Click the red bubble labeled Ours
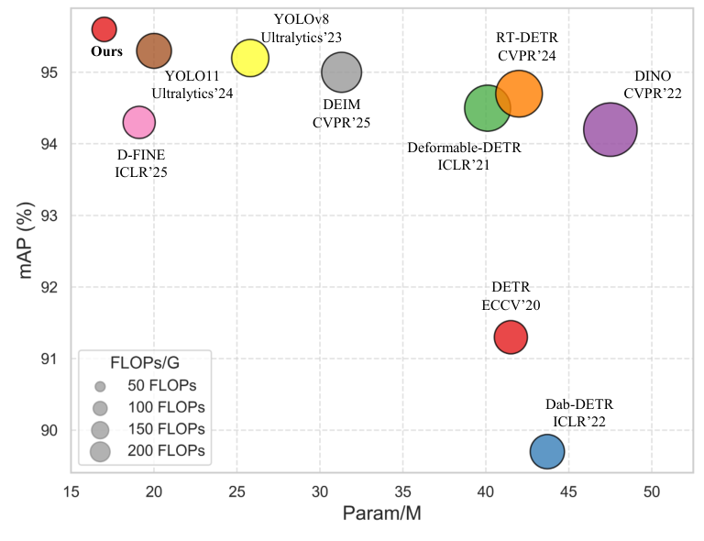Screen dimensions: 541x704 [104, 29]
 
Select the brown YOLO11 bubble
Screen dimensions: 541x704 [154, 50]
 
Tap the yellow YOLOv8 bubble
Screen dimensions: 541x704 [249, 58]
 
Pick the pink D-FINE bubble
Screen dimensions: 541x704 [139, 121]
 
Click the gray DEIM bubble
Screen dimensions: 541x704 [342, 72]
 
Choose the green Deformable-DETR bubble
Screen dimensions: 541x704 [488, 108]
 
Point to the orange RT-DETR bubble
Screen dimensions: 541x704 [519, 93]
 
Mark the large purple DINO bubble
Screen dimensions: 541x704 [610, 129]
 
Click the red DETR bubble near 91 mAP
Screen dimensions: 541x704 [511, 337]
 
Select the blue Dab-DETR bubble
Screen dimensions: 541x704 [547, 451]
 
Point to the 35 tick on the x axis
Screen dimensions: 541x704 [403, 490]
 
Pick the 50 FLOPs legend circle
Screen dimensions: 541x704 [101, 386]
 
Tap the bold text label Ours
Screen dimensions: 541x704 [106, 52]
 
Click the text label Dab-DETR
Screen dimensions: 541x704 [578, 404]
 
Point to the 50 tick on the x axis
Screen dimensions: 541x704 [652, 490]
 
